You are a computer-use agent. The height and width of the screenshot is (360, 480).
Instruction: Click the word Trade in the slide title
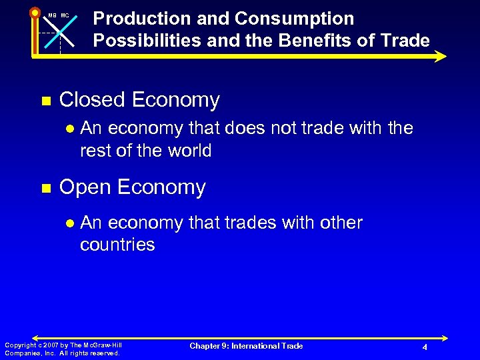[405, 41]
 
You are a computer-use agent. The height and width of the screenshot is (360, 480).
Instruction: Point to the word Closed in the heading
[93, 101]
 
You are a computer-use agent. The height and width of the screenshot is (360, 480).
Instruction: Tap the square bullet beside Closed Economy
[45, 101]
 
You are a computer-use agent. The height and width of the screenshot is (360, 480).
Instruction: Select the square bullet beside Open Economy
[45, 189]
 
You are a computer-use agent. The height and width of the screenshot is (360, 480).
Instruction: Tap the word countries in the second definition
[117, 245]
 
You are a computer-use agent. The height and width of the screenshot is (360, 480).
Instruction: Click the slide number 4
[425, 348]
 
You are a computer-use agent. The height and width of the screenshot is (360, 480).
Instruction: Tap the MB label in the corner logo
[51, 15]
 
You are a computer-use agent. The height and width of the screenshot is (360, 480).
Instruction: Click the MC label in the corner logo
[65, 15]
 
